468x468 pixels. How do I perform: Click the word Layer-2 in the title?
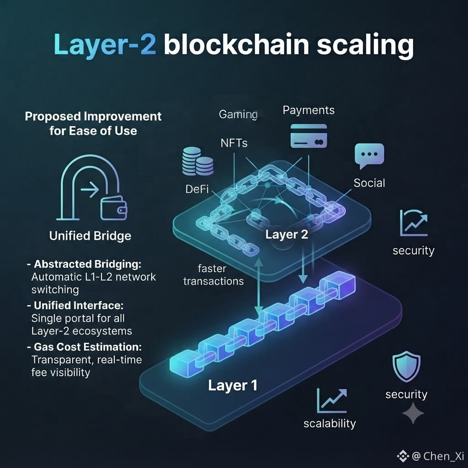(105, 45)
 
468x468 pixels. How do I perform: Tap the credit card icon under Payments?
(308, 136)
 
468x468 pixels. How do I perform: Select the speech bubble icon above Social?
(369, 156)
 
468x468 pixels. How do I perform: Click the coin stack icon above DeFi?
(197, 161)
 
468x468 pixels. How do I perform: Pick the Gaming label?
(238, 114)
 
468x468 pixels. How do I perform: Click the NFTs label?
(234, 143)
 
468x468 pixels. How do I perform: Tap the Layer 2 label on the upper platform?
(287, 234)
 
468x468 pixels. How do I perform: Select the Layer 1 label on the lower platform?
(233, 385)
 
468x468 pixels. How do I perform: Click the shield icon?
(406, 367)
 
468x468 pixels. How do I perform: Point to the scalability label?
(330, 424)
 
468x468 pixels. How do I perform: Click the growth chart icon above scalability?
(332, 400)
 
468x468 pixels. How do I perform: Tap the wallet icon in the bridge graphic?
(114, 208)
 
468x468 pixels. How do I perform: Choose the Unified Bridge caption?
(90, 236)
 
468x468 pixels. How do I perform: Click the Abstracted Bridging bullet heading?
(84, 264)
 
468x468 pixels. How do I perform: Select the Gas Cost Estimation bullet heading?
(84, 347)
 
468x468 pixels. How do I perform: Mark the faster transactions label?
(213, 275)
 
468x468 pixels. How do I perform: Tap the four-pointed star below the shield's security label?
(413, 413)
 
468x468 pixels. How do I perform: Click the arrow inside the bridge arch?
(90, 189)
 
